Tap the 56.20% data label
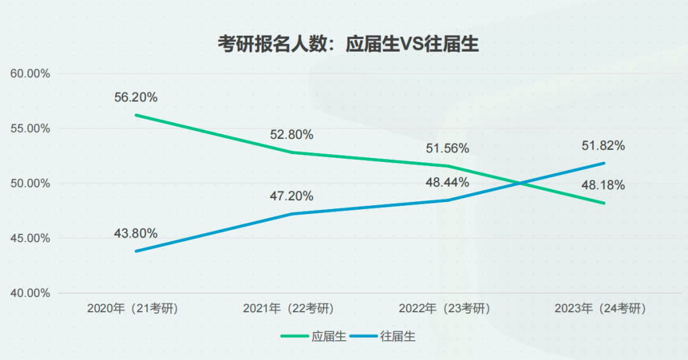coord(136,97)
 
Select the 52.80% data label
coord(291,134)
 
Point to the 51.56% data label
coord(447,148)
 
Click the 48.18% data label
coord(603,185)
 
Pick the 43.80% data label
coord(136,233)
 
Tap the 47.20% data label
coord(291,196)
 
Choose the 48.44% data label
coord(447,182)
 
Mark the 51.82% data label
coord(603,145)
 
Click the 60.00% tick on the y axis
coord(31,74)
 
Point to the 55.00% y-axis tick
coord(31,129)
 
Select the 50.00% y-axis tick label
coord(31,184)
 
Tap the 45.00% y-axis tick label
coord(31,238)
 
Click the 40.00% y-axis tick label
coord(31,293)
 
